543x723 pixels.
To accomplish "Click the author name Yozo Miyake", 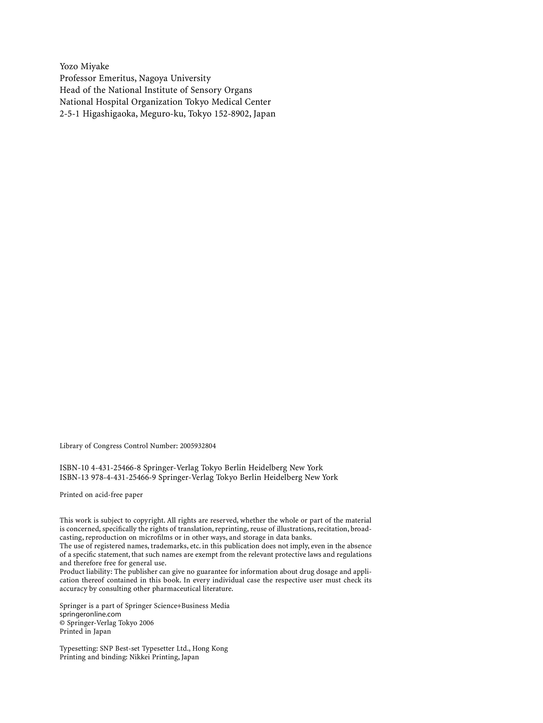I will click(84, 66).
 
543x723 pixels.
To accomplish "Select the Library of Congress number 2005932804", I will click(198, 446).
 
